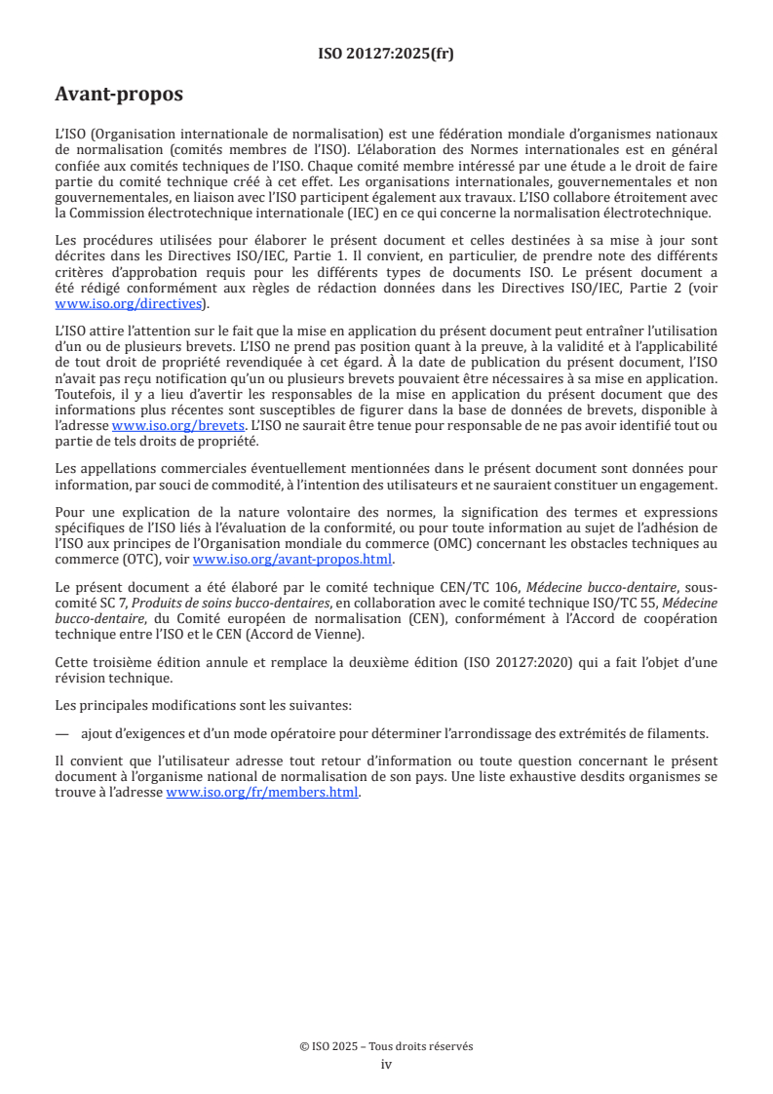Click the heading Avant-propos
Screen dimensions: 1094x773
[x=119, y=96]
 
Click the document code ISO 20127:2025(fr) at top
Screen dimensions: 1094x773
[x=386, y=55]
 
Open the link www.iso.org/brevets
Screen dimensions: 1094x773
[x=178, y=425]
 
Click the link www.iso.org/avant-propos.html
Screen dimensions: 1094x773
[x=292, y=559]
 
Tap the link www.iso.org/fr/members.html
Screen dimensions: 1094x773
[x=263, y=793]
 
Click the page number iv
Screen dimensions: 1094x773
[x=386, y=1064]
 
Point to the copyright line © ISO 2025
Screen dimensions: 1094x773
[x=386, y=1046]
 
